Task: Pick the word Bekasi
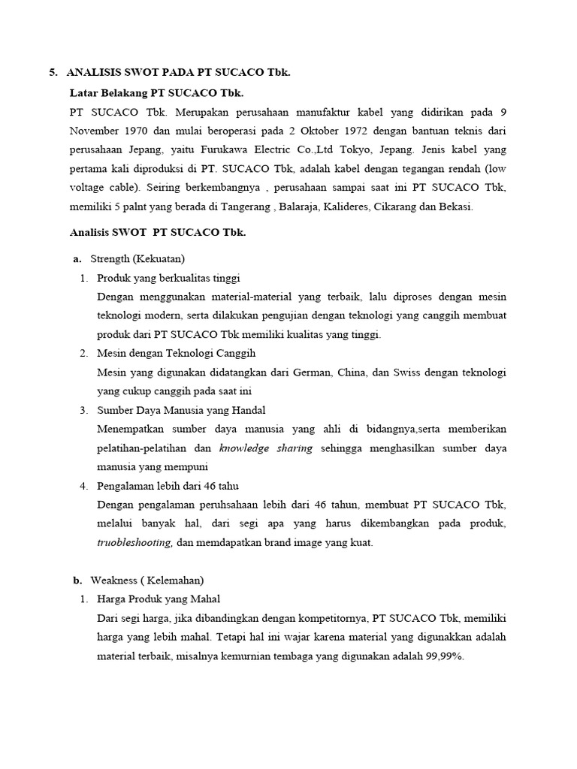[454, 207]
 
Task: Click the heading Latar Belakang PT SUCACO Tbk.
[156, 92]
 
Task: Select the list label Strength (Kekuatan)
[137, 259]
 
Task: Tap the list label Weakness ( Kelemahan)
[147, 580]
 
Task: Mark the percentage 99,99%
[445, 656]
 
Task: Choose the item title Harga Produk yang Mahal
[159, 599]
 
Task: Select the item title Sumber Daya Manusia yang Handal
[181, 410]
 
